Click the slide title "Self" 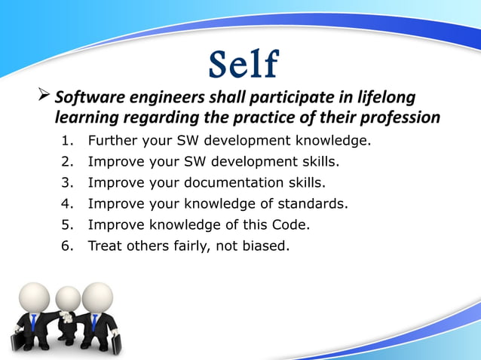(242, 65)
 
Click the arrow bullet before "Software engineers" (44, 97)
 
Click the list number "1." (67, 141)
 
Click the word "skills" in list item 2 (320, 161)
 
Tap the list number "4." (67, 203)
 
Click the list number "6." (67, 245)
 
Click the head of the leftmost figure (34, 297)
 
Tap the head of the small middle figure (68, 298)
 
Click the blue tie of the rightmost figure (94, 322)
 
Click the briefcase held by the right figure (116, 343)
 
